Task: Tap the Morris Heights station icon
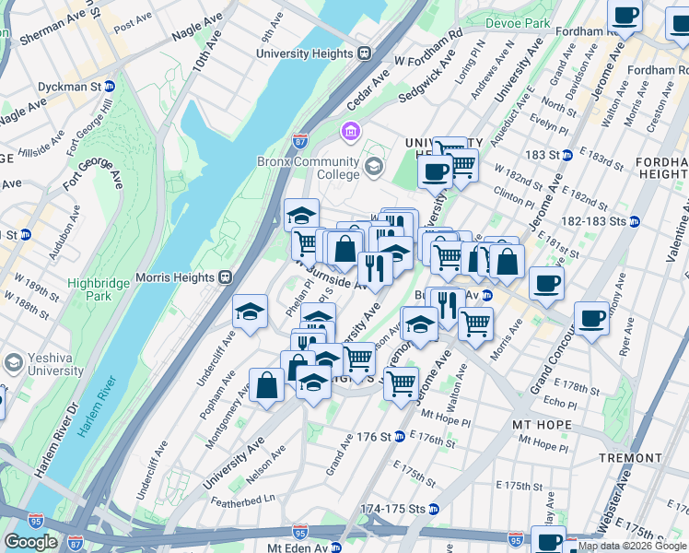(224, 276)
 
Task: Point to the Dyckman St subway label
(69, 87)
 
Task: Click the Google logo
(31, 542)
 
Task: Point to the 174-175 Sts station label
(392, 509)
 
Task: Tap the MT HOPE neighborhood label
(541, 425)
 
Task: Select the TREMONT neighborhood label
(629, 457)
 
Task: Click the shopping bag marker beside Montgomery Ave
(266, 384)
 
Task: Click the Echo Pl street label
(558, 404)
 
